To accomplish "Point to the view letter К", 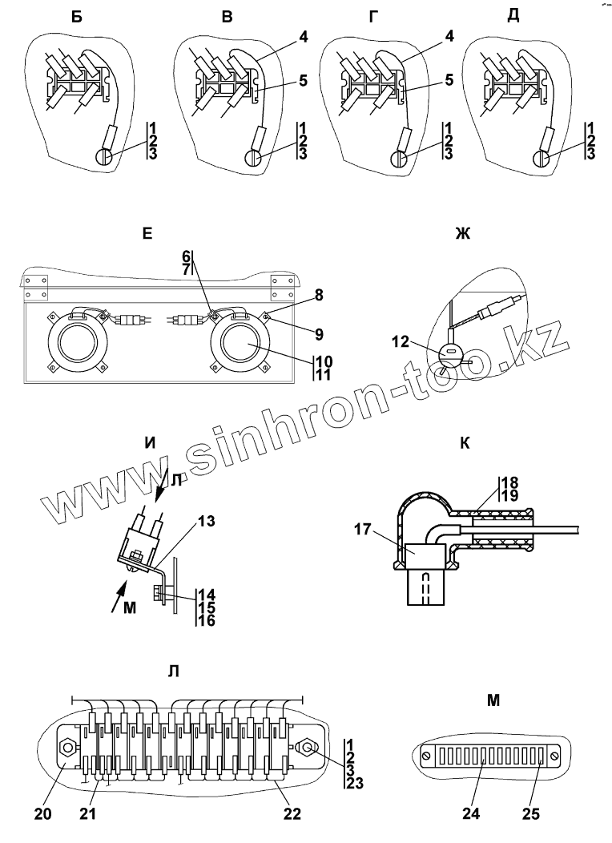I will coord(465,443).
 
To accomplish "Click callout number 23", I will coord(354,785).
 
